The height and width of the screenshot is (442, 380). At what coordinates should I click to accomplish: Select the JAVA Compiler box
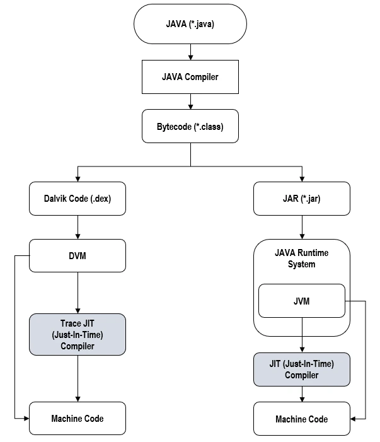pyautogui.click(x=190, y=77)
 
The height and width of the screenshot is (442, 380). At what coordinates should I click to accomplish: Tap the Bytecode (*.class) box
pyautogui.click(x=190, y=125)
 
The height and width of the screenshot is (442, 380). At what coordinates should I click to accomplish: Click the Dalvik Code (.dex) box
pyautogui.click(x=78, y=198)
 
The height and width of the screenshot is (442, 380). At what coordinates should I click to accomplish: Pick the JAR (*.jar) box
pyautogui.click(x=301, y=198)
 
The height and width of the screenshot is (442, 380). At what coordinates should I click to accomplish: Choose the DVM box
pyautogui.click(x=78, y=256)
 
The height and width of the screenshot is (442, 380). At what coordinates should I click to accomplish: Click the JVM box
pyautogui.click(x=301, y=301)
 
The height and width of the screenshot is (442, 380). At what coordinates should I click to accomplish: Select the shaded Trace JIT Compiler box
pyautogui.click(x=78, y=334)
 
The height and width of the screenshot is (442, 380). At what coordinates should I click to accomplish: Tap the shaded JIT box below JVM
pyautogui.click(x=301, y=369)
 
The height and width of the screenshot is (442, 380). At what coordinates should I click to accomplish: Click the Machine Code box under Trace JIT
pyautogui.click(x=78, y=418)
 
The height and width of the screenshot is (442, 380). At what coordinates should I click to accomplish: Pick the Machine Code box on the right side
pyautogui.click(x=301, y=419)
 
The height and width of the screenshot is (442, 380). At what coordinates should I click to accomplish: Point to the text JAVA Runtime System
pyautogui.click(x=301, y=259)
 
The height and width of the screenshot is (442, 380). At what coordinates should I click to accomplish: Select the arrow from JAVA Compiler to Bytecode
pyautogui.click(x=190, y=101)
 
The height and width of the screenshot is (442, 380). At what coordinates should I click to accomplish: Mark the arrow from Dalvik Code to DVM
pyautogui.click(x=78, y=226)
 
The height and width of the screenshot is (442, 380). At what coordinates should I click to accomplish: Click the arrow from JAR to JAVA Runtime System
pyautogui.click(x=301, y=226)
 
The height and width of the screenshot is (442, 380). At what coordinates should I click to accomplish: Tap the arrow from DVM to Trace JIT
pyautogui.click(x=78, y=293)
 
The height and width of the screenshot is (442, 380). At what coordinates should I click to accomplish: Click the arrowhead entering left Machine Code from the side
pyautogui.click(x=26, y=418)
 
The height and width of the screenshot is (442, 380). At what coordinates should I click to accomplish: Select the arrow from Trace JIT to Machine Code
pyautogui.click(x=78, y=378)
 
